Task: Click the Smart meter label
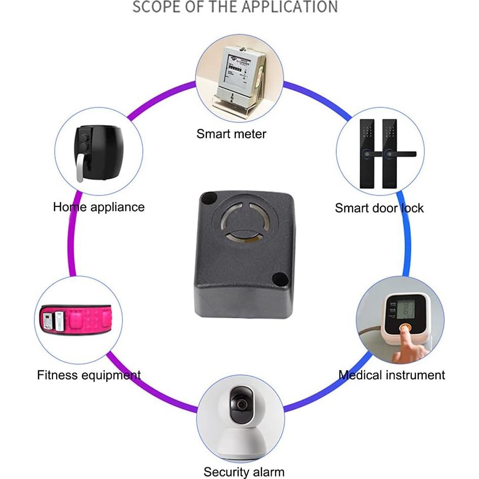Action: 231,134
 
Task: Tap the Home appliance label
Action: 99,207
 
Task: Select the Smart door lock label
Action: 379,208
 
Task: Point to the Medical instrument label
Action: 391,375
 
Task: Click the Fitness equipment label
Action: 89,375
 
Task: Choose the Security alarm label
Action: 244,472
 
